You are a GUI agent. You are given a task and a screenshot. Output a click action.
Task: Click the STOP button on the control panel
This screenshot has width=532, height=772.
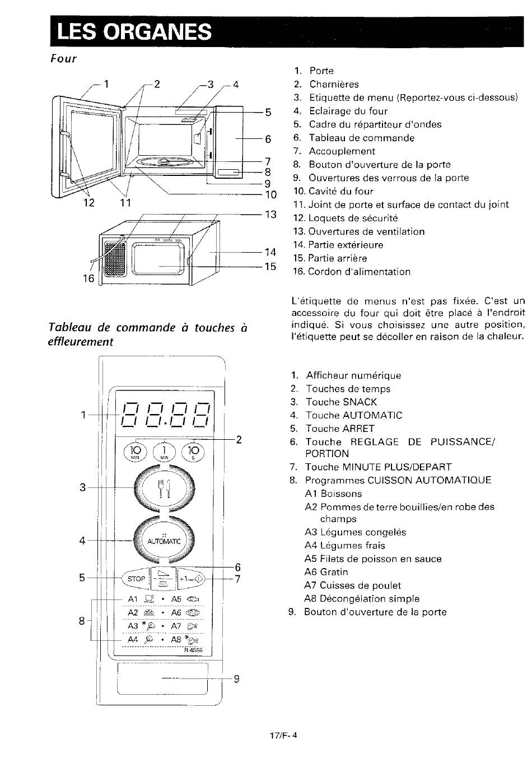point(136,579)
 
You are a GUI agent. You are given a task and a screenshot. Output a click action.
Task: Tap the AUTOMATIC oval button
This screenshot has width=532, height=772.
point(164,541)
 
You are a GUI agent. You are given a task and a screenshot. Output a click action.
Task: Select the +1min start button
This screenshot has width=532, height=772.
point(191,579)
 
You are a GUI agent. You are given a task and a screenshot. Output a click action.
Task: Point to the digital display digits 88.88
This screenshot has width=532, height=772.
point(165,415)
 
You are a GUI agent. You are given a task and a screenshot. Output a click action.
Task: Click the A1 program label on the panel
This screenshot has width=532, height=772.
point(133,599)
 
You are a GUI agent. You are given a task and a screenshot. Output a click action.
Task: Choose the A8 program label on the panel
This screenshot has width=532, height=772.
point(176,640)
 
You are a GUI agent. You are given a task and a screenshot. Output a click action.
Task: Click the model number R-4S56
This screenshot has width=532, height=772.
point(193,650)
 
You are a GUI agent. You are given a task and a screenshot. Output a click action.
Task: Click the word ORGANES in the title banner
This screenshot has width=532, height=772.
point(157,32)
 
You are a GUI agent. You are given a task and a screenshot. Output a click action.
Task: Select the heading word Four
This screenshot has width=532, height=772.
point(63,59)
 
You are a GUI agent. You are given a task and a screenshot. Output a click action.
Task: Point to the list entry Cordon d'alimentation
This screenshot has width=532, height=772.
point(359,272)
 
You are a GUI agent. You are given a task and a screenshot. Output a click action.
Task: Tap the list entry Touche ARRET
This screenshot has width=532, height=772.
point(340,429)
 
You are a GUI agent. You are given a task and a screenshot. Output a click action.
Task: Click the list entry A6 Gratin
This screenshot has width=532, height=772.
point(326,572)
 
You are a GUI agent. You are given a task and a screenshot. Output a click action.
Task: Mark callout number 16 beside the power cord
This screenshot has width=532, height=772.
point(88,278)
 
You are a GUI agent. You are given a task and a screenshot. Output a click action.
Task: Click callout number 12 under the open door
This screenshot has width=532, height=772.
point(89,202)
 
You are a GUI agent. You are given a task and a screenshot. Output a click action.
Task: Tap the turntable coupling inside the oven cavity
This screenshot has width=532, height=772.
point(164,161)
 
